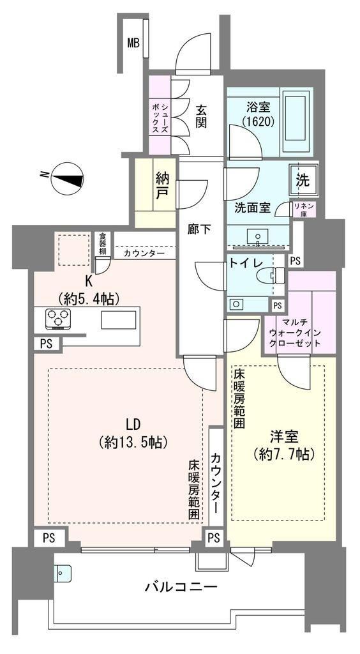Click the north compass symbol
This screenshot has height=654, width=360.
(67, 179)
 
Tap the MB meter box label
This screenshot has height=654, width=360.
(133, 43)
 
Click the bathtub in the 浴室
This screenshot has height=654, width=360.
(296, 121)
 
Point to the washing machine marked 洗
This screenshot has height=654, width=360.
(303, 180)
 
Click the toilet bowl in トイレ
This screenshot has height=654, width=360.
(271, 276)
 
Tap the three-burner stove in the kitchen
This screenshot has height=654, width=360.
(57, 318)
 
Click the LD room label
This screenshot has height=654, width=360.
(133, 425)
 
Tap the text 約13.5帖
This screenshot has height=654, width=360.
(133, 442)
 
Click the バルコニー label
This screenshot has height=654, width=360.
(181, 588)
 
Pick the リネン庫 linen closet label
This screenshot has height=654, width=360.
(304, 209)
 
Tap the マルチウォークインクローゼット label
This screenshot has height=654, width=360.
(295, 333)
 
